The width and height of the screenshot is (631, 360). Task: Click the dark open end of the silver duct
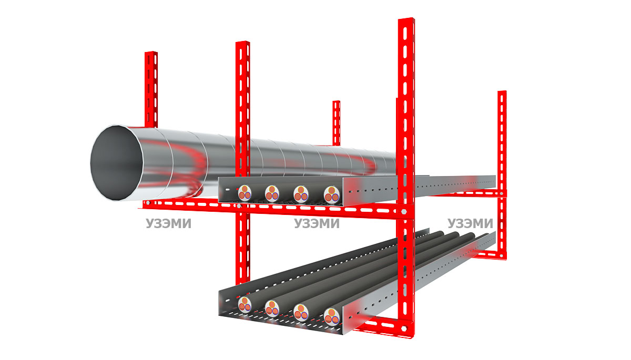(x=116, y=163)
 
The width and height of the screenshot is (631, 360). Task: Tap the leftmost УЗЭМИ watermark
(x=168, y=223)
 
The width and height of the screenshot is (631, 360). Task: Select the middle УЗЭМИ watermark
(x=317, y=223)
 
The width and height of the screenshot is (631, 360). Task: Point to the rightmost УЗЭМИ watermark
(x=470, y=223)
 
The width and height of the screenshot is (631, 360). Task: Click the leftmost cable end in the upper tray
(x=245, y=193)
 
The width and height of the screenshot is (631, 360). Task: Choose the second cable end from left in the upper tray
(x=272, y=193)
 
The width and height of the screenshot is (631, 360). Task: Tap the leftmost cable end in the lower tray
(x=245, y=304)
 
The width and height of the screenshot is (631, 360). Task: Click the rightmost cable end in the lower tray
(x=332, y=317)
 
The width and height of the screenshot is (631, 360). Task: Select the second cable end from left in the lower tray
(x=272, y=308)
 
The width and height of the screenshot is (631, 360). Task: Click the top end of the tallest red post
(x=406, y=19)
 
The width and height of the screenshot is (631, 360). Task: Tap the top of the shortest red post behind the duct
(x=337, y=102)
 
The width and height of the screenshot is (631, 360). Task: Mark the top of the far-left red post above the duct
(x=151, y=53)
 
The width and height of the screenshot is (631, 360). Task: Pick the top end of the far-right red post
(x=502, y=92)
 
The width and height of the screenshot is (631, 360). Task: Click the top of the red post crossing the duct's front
(x=242, y=43)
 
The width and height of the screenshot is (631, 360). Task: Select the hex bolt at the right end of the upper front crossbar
(x=404, y=212)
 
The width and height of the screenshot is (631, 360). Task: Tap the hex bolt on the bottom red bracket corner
(x=404, y=328)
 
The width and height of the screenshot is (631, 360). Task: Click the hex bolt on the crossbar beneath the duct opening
(x=148, y=203)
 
